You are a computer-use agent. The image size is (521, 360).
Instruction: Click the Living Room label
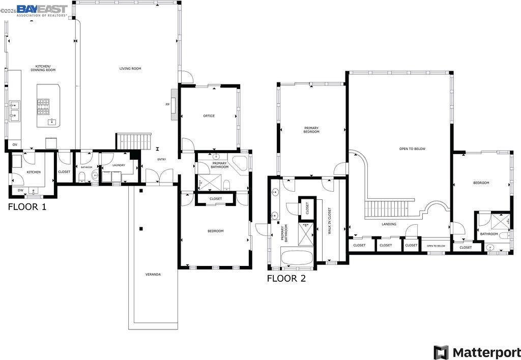point(130,69)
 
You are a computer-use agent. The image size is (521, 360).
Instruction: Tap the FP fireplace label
point(167,104)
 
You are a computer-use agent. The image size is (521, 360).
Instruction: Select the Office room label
point(209,116)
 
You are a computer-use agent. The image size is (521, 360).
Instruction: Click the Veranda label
point(153,275)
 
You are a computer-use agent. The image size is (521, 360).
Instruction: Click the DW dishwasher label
point(20,190)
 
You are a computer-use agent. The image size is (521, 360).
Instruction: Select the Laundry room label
point(119,165)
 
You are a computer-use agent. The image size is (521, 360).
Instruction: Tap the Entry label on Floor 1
point(162,160)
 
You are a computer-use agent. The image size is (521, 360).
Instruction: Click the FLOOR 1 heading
point(27,207)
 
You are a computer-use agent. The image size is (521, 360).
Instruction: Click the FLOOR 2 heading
point(286,278)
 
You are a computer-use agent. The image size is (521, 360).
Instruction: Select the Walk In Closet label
point(329,221)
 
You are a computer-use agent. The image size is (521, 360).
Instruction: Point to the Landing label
point(389,224)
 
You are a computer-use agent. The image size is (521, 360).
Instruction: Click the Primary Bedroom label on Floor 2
point(311,130)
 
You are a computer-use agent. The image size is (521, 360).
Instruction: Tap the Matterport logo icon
point(441,352)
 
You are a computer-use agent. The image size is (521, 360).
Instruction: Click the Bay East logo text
point(42,9)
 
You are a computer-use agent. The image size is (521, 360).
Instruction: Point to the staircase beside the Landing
point(386,208)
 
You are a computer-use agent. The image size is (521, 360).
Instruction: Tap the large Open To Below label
point(412,149)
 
